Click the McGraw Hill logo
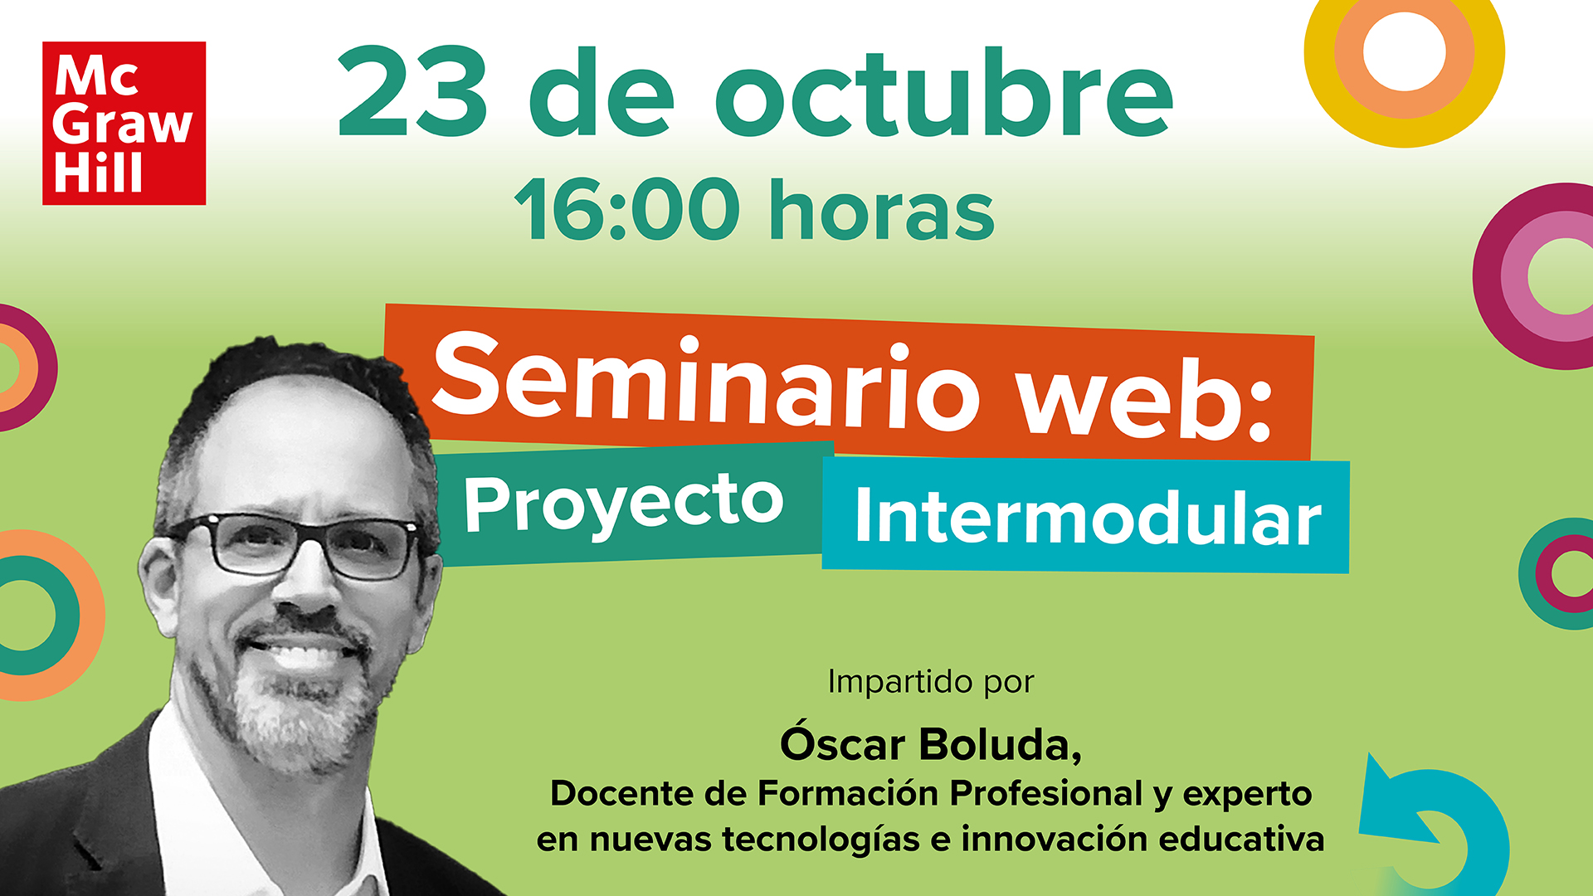(x=124, y=123)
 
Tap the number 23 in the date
(x=412, y=92)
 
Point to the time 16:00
(x=627, y=208)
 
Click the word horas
(x=882, y=208)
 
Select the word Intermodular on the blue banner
(x=1088, y=516)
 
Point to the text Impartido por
(x=931, y=683)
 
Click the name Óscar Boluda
(x=929, y=743)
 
